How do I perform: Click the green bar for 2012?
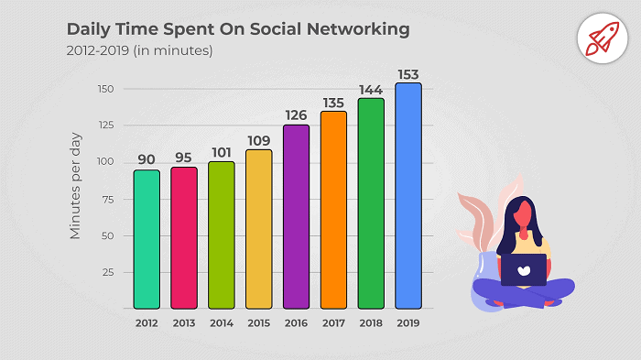tap(147, 239)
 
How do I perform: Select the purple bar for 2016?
tap(296, 217)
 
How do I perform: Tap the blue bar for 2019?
tap(408, 196)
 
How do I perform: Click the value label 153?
tap(408, 73)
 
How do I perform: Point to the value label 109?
tap(259, 139)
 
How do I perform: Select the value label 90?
tap(147, 159)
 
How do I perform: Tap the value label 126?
tap(296, 115)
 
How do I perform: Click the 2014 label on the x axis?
tap(222, 322)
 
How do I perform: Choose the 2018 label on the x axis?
tap(371, 322)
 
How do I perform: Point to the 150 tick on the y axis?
tap(107, 89)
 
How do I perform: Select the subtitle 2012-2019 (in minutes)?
tap(139, 51)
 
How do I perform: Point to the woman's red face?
tap(525, 216)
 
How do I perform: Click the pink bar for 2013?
tap(184, 238)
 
